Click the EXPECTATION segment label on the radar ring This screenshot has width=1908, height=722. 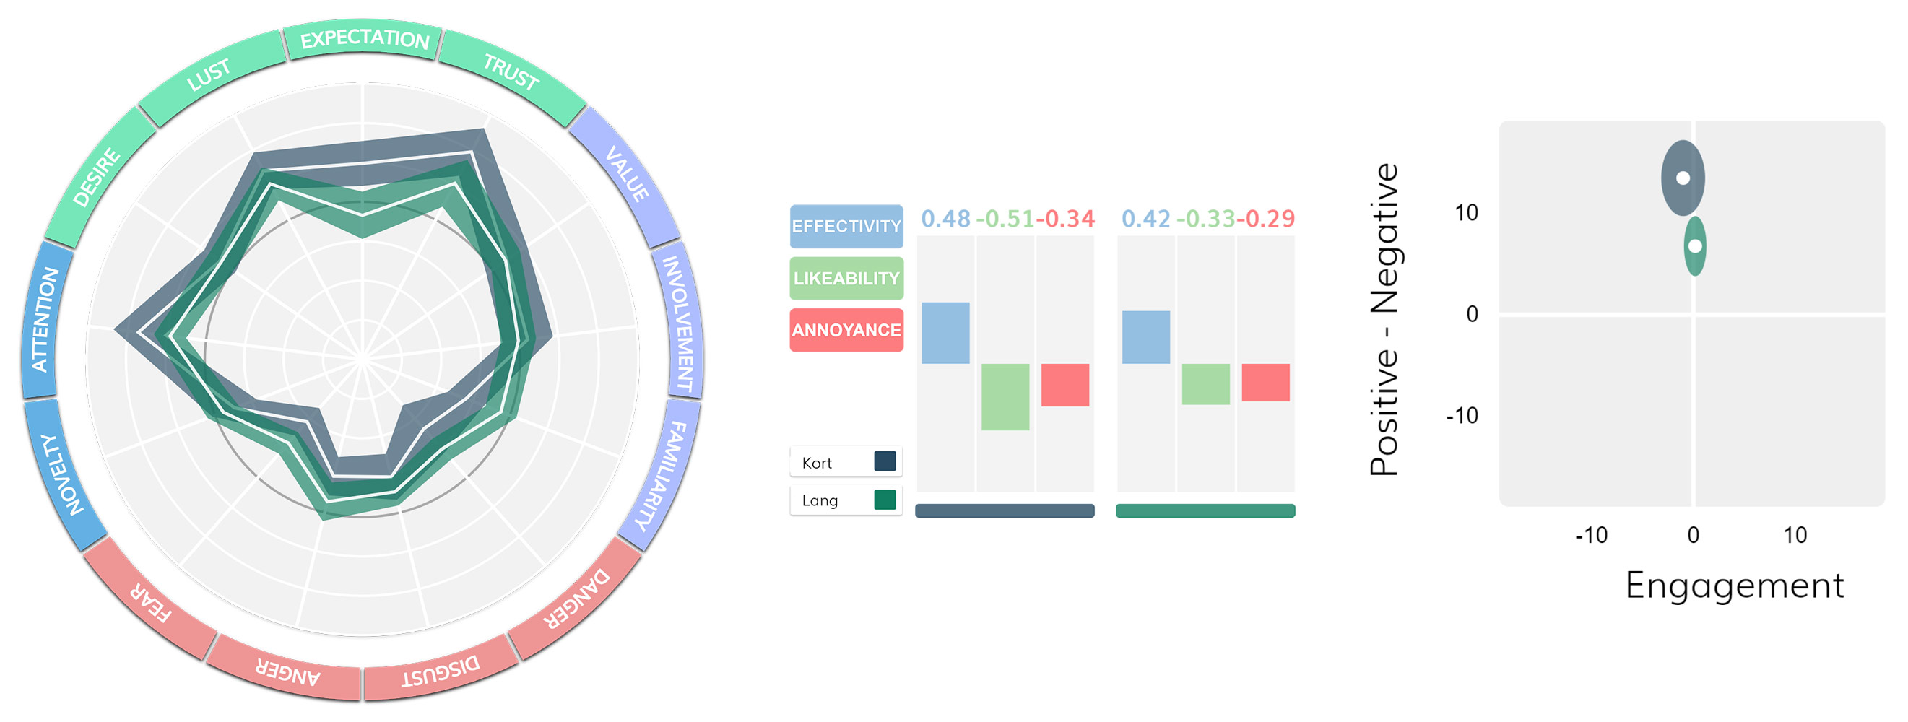(x=365, y=38)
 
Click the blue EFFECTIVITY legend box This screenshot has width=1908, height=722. (x=846, y=226)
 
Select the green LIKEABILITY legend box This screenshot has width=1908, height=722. (x=846, y=279)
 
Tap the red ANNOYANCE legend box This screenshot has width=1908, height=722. (x=846, y=330)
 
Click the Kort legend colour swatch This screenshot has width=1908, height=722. (x=885, y=461)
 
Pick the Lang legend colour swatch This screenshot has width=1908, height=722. (x=885, y=500)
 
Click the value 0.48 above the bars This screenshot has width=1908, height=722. (x=945, y=219)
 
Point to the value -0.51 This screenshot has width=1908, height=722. (x=1005, y=219)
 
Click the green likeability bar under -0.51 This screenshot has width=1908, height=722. (x=1005, y=397)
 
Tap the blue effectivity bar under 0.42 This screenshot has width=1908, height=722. (x=1146, y=338)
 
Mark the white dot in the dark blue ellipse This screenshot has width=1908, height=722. (x=1683, y=178)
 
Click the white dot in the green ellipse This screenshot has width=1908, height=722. (x=1695, y=246)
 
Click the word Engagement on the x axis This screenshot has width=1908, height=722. (x=1734, y=586)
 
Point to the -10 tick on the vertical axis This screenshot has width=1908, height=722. (x=1462, y=416)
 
